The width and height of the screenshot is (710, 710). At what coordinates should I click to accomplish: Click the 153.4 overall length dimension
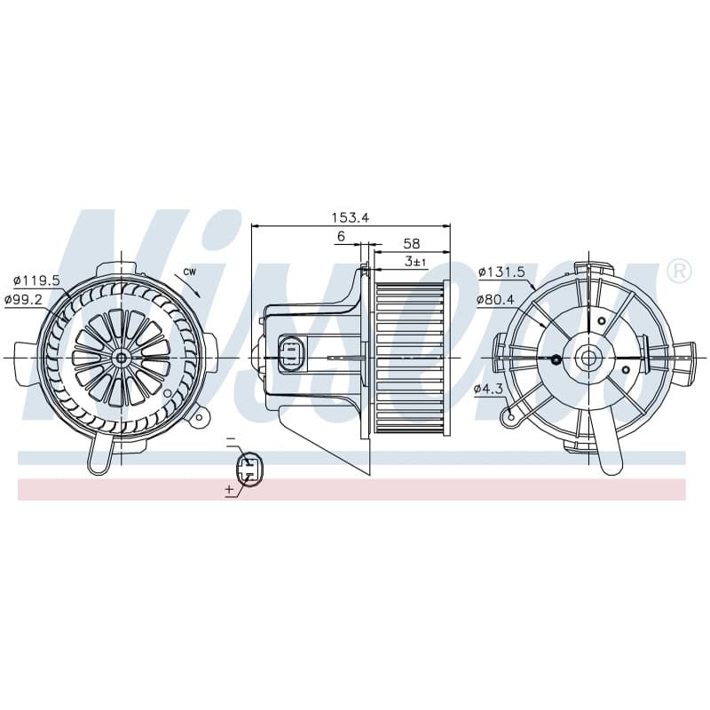(x=351, y=217)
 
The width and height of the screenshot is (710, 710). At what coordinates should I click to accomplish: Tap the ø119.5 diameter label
(x=36, y=280)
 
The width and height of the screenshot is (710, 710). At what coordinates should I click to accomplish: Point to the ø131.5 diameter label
(x=501, y=272)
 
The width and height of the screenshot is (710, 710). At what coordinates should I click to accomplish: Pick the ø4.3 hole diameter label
(x=489, y=389)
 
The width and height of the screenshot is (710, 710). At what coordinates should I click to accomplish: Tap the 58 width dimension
(x=411, y=243)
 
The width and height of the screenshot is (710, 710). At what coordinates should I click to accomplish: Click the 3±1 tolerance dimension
(x=415, y=261)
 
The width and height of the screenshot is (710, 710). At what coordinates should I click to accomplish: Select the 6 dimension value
(x=341, y=236)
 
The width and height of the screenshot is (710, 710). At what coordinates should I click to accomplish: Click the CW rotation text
(x=190, y=272)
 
